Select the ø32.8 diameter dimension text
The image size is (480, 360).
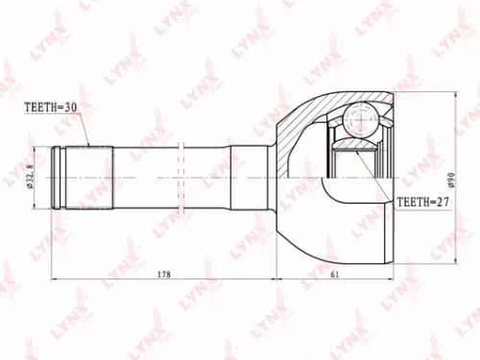click(32, 178)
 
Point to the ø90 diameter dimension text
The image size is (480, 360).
click(448, 179)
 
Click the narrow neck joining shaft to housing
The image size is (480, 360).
click(252, 178)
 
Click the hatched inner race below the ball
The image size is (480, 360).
click(358, 147)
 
